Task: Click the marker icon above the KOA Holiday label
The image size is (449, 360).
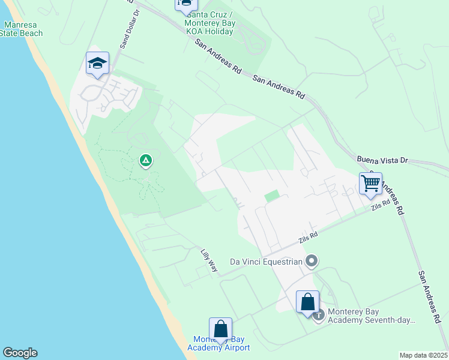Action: pyautogui.click(x=186, y=4)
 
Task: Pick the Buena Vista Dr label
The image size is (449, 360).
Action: pyautogui.click(x=382, y=160)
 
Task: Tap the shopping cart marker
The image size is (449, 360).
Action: pyautogui.click(x=371, y=184)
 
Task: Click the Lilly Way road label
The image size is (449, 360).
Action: pyautogui.click(x=208, y=261)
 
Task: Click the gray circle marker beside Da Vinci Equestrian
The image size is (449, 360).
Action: pyautogui.click(x=311, y=261)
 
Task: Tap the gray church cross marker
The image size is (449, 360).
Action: pyautogui.click(x=318, y=314)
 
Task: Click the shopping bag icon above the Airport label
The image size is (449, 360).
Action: pyautogui.click(x=220, y=329)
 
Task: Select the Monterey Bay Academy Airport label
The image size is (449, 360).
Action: pyautogui.click(x=218, y=344)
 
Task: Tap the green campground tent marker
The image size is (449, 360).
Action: pyautogui.click(x=145, y=160)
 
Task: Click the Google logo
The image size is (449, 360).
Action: pyautogui.click(x=20, y=353)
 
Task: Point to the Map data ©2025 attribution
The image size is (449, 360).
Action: pyautogui.click(x=423, y=355)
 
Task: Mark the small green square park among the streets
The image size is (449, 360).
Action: pyautogui.click(x=272, y=196)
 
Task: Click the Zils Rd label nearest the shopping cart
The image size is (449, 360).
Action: pyautogui.click(x=380, y=206)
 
